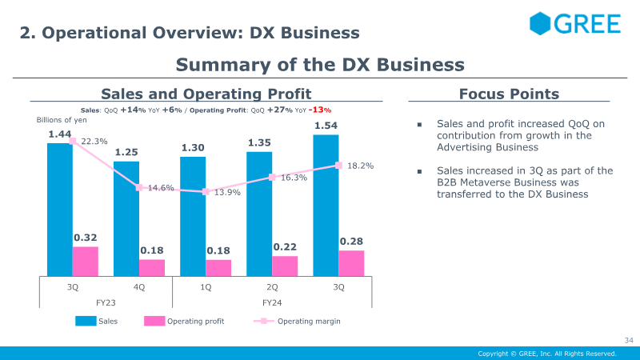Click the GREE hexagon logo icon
[x=540, y=23]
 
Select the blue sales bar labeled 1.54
[x=326, y=206]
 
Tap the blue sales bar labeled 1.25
[x=126, y=218]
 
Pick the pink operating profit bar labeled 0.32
[x=86, y=262]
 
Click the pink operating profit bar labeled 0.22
[x=285, y=266]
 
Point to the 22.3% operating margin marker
[x=73, y=141]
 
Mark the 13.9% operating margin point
[x=206, y=191]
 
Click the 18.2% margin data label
[x=361, y=166]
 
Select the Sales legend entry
[x=96, y=322]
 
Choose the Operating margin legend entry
[x=297, y=322]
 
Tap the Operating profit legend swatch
[x=154, y=322]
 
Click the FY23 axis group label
[x=106, y=303]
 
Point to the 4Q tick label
[x=139, y=287]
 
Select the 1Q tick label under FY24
[x=206, y=287]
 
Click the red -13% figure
[x=319, y=110]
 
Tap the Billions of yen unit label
[x=62, y=120]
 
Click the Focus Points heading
[x=509, y=94]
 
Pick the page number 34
[x=629, y=340]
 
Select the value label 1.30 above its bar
[x=193, y=147]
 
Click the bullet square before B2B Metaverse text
[x=419, y=171]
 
